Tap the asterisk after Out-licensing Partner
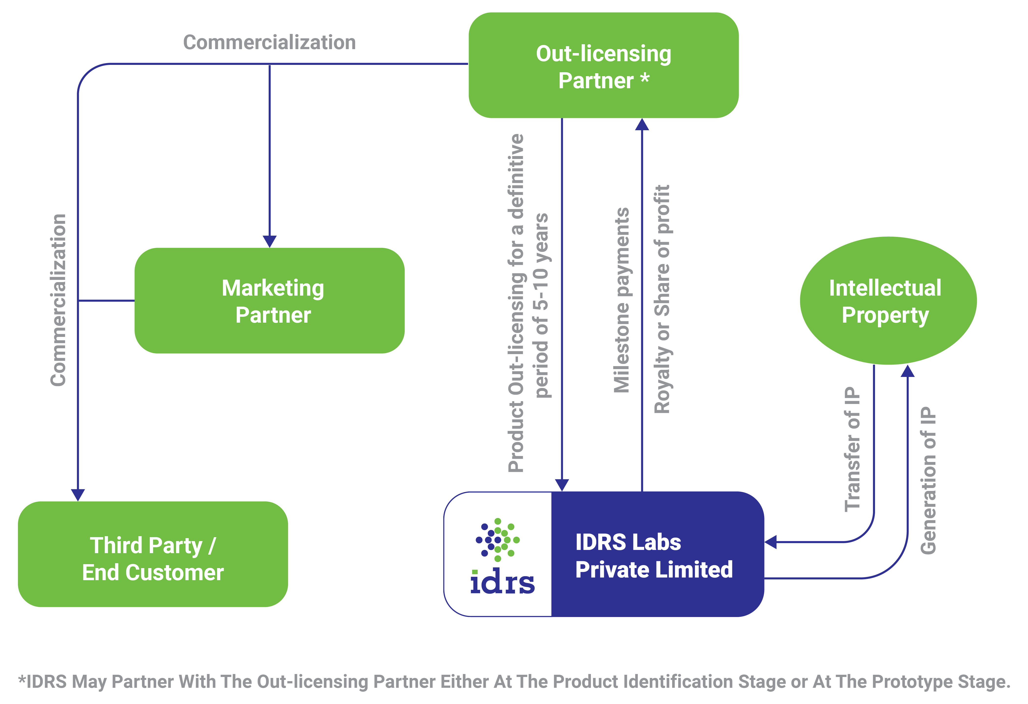click(645, 79)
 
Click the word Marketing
click(273, 288)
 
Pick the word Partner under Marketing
click(273, 315)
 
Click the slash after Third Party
click(212, 546)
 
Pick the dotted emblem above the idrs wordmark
click(498, 540)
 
